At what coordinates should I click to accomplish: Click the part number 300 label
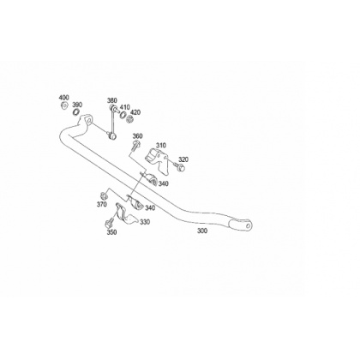coord(202,231)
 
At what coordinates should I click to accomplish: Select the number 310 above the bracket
coord(161,146)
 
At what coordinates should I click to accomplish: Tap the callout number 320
coord(183,159)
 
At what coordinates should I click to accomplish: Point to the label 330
coord(145,222)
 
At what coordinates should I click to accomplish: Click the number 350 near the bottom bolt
coord(111,232)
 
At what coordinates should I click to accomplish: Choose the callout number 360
coord(137,136)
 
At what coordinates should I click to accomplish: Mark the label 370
coord(102,204)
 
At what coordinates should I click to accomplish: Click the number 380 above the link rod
coord(112,100)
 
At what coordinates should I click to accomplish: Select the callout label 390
coord(77,105)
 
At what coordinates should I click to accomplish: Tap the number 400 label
coord(64,98)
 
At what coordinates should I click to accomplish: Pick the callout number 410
coord(125,107)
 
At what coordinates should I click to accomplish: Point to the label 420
coord(135,112)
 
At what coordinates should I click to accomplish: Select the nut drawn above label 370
coord(103,196)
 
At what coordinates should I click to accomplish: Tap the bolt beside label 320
coord(179,166)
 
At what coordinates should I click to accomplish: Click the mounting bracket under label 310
coord(157,161)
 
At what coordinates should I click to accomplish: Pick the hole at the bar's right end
coord(248,225)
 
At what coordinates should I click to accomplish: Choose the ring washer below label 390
coord(75,111)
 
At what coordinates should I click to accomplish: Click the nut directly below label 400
coord(64,105)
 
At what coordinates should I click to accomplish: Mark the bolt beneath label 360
coord(136,145)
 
